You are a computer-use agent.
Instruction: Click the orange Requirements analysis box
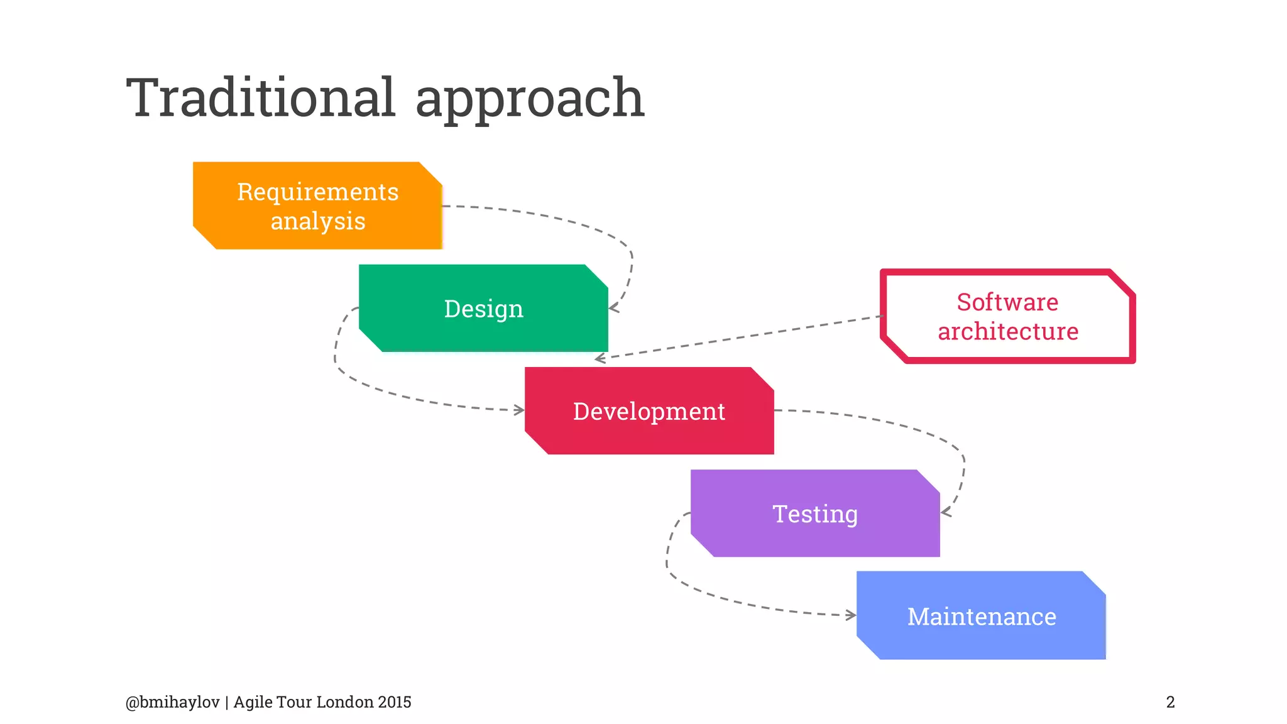(x=317, y=206)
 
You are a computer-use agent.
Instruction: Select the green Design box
(x=483, y=308)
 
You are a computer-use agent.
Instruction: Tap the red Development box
(x=649, y=411)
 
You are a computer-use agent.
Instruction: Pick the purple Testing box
(x=815, y=513)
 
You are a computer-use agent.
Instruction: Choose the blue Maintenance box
(x=981, y=616)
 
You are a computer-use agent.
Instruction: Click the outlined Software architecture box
(x=1007, y=316)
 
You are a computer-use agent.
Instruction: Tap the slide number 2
(x=1170, y=702)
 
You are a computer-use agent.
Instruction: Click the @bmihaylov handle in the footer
(x=172, y=702)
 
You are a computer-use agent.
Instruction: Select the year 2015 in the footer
(x=394, y=702)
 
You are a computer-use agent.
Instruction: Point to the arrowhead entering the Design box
(x=613, y=308)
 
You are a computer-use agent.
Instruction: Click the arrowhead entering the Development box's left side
(x=520, y=410)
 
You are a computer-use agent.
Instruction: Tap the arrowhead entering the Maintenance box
(x=852, y=615)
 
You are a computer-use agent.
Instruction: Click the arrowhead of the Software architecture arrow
(x=600, y=359)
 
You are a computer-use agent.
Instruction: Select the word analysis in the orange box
(x=318, y=221)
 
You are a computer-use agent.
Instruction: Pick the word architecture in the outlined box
(x=1008, y=331)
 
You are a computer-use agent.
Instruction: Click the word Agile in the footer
(x=253, y=702)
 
